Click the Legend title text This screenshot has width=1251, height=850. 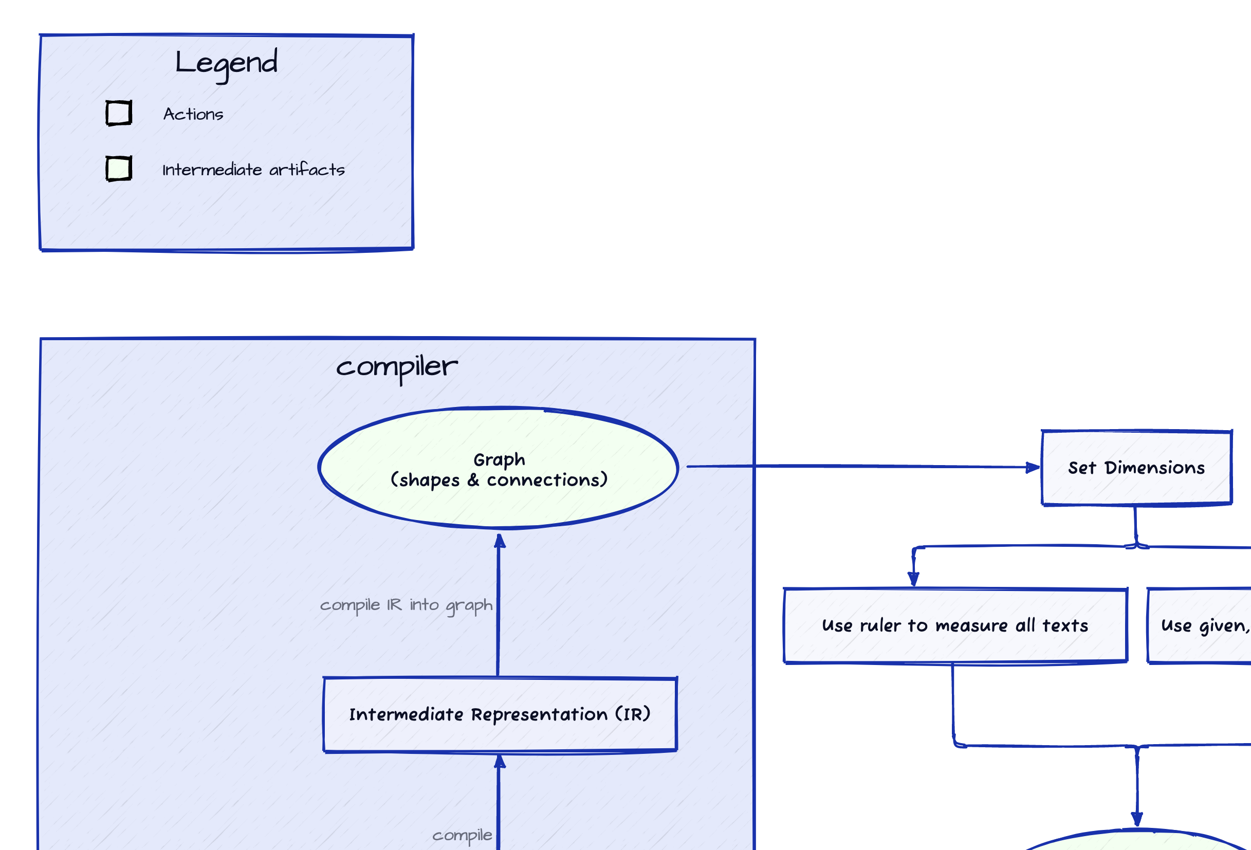click(226, 63)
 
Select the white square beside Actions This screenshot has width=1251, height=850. click(118, 113)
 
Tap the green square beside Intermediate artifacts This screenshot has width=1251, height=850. click(118, 169)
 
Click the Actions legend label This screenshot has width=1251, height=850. click(193, 114)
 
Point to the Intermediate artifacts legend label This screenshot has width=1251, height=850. click(253, 170)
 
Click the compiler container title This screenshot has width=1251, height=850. click(397, 367)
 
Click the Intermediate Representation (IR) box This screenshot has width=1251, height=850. click(500, 714)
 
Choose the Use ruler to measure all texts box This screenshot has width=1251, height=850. click(955, 625)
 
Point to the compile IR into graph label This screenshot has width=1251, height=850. click(406, 605)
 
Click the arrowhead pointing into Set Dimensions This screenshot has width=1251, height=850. click(1033, 467)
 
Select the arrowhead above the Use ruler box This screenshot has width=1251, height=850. click(913, 579)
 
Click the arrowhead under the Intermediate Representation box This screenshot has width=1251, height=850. click(500, 761)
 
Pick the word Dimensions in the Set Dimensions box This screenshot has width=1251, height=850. click(1155, 468)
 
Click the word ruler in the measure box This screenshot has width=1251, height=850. click(880, 625)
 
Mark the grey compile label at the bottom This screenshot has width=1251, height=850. click(462, 835)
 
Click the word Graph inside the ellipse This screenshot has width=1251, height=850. click(499, 459)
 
